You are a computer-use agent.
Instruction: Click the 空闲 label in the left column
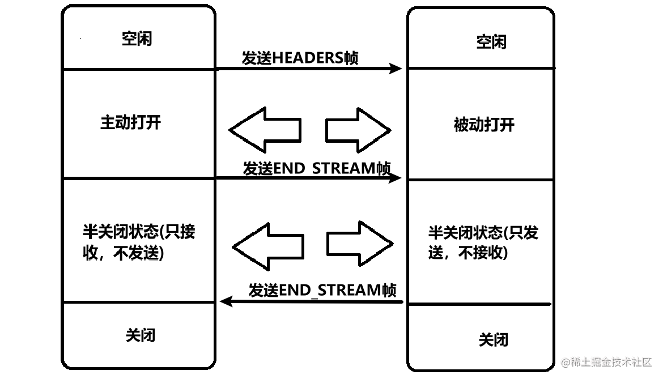pos(137,39)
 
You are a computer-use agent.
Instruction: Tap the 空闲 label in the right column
pos(491,42)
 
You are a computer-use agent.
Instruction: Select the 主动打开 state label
pos(130,122)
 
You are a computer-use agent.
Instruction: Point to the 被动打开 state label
pos(484,125)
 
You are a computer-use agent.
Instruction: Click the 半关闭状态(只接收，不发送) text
pos(138,242)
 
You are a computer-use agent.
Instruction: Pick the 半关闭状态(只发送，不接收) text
pos(483,242)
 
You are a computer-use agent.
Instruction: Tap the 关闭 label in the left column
pos(140,335)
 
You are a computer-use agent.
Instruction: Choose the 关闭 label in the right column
pos(493,340)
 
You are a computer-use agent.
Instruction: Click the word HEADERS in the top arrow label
pos(308,58)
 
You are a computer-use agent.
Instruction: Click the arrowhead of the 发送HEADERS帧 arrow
pos(396,69)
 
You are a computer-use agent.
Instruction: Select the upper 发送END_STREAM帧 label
pos(317,168)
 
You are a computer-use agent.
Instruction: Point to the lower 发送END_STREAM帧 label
pos(322,290)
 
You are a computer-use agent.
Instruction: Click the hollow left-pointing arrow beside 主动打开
pos(264,130)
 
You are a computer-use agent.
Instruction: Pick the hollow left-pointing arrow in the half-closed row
pos(267,246)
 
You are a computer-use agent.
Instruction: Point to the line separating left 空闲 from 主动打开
pos(139,70)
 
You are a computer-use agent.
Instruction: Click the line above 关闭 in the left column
pos(139,302)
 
